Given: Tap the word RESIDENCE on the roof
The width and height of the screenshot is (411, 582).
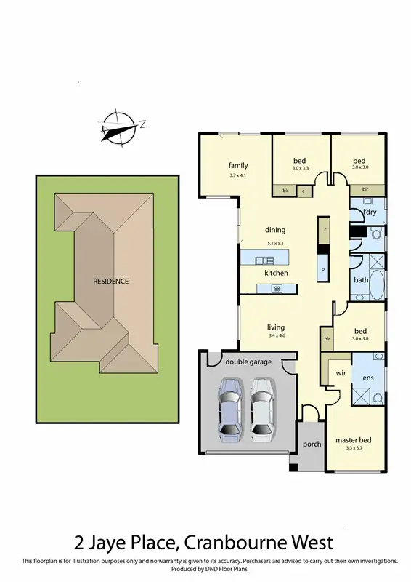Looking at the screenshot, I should [110, 281].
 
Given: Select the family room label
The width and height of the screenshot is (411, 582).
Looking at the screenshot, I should [238, 165].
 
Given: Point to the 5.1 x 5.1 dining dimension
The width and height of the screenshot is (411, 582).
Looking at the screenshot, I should [275, 243].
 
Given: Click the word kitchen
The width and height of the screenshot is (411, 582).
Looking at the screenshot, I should [276, 273].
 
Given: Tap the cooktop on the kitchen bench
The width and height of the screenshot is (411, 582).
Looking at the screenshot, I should [276, 289].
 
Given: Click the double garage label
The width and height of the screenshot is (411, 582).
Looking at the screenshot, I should [248, 362].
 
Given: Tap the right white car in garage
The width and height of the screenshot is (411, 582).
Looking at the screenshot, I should [262, 410].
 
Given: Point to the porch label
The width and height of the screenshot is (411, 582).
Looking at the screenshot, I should [311, 444].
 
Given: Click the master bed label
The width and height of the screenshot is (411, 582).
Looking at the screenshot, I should [353, 440].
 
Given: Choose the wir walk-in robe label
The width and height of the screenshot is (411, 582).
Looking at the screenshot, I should [339, 372].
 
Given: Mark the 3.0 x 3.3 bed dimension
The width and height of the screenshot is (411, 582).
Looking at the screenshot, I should [301, 169].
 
